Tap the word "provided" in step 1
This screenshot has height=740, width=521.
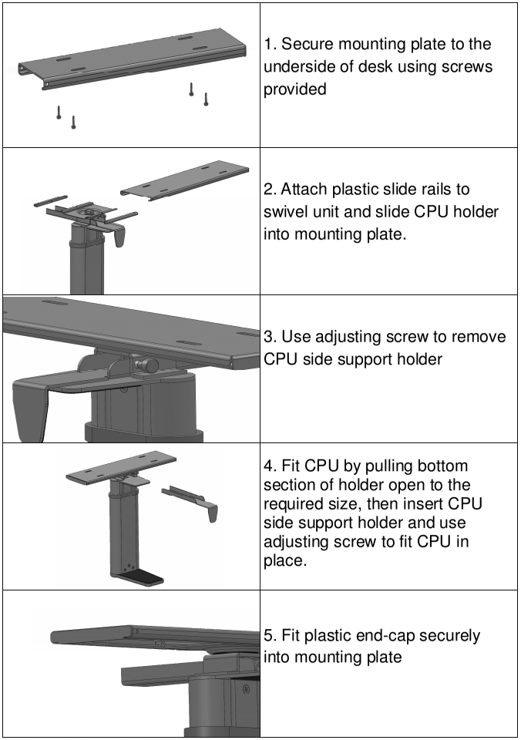click(x=295, y=89)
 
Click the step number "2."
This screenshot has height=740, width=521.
click(x=271, y=190)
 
